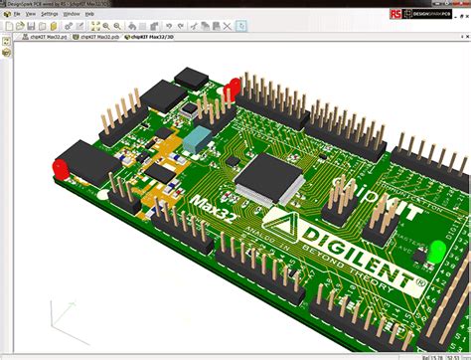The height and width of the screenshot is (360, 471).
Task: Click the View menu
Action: coord(30,15)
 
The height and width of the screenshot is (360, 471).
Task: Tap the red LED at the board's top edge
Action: coord(235,88)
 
